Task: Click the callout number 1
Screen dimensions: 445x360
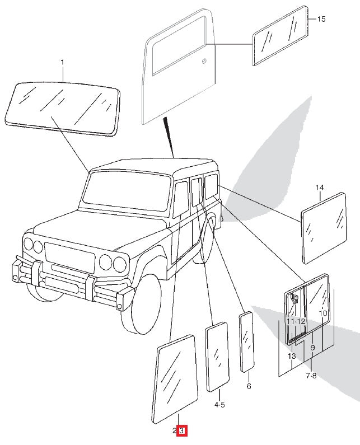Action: (62, 62)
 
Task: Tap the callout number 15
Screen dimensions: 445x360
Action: (321, 19)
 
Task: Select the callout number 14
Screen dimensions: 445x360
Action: (320, 188)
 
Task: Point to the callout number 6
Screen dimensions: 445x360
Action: (249, 386)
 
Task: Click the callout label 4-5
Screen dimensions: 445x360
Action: (219, 405)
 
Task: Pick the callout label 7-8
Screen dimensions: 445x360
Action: (311, 376)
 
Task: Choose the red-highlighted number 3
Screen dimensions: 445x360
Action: (181, 431)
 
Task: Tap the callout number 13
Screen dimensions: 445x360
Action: (291, 356)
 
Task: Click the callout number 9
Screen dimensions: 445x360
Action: (312, 348)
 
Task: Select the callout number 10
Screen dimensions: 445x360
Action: (322, 313)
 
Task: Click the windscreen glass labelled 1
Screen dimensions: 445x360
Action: (63, 106)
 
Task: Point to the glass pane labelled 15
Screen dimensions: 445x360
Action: (281, 35)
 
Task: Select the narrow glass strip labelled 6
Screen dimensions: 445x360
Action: (246, 341)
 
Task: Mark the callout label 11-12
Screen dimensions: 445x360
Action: (296, 321)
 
